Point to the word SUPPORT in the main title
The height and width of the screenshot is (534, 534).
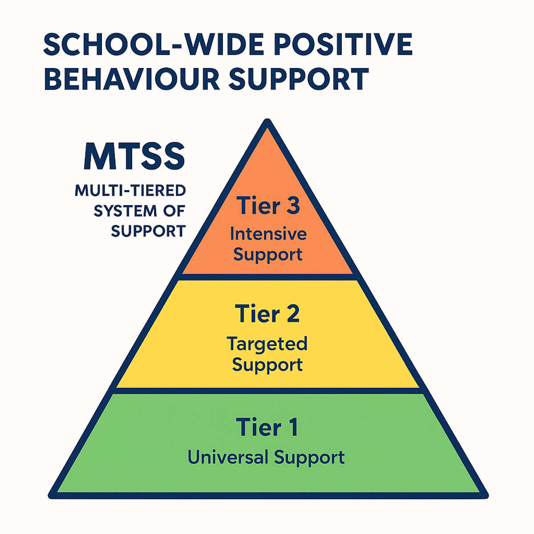(x=299, y=79)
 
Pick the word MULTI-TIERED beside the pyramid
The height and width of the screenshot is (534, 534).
(x=130, y=190)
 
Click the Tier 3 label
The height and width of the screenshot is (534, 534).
(x=268, y=206)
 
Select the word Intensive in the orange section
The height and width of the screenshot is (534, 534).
(x=268, y=234)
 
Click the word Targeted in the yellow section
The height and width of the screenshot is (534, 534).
(x=267, y=344)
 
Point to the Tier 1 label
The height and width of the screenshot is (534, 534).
(x=267, y=427)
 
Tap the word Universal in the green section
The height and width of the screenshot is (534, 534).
(x=228, y=457)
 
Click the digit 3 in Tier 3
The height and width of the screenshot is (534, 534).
(x=292, y=206)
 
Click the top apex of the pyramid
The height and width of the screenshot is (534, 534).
(x=267, y=121)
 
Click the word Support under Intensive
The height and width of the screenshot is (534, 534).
(x=268, y=255)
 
